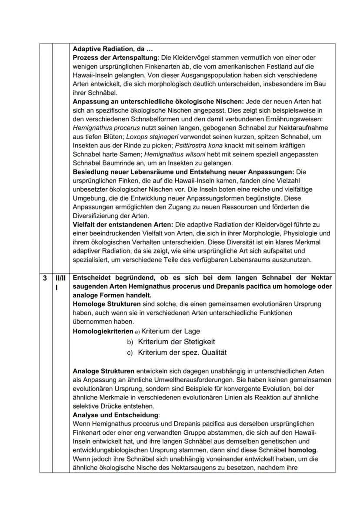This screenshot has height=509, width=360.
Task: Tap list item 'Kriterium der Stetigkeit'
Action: pyautogui.click(x=177, y=342)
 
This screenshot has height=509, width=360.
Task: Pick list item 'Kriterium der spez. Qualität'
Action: pyautogui.click(x=182, y=353)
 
